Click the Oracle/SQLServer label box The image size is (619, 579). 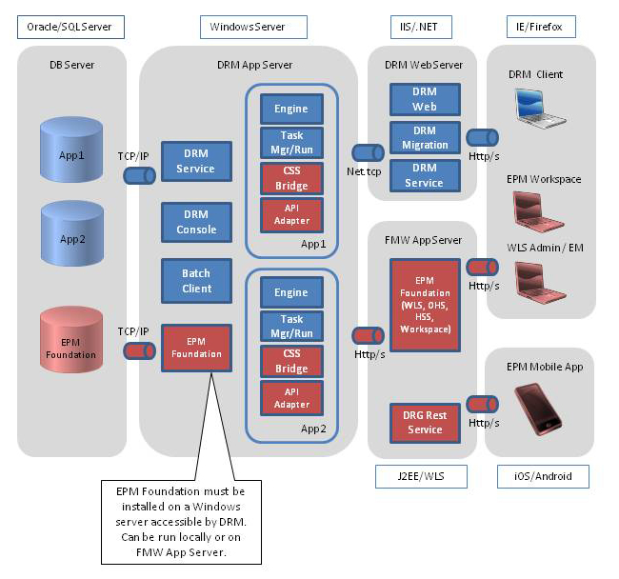(x=71, y=26)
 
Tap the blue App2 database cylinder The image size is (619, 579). (x=71, y=237)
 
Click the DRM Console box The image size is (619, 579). (x=195, y=222)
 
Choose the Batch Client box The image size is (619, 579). (x=195, y=281)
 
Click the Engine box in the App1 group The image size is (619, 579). (x=291, y=109)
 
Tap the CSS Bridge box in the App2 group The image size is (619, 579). (x=291, y=361)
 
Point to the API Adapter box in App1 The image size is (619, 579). (x=291, y=214)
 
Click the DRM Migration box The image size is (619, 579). (x=425, y=138)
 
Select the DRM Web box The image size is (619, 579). (x=425, y=100)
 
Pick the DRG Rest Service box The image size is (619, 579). (x=425, y=422)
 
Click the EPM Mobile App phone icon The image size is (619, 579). (x=539, y=409)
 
